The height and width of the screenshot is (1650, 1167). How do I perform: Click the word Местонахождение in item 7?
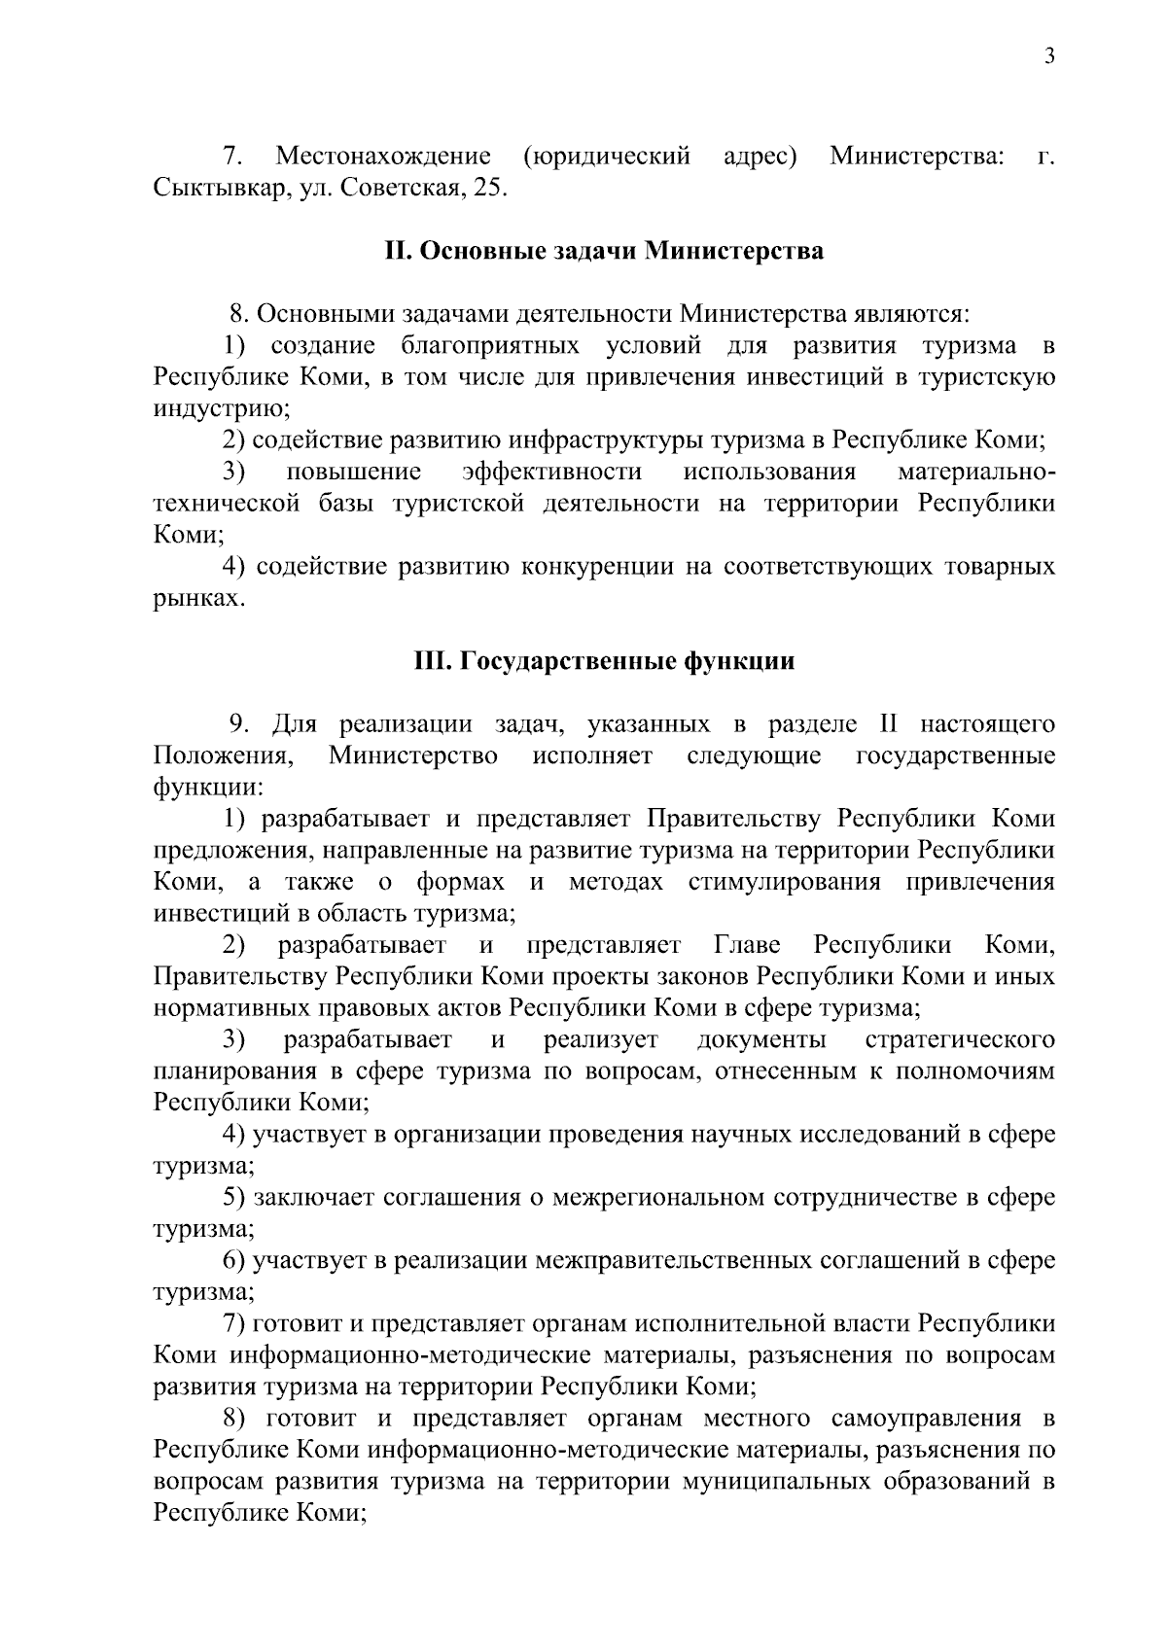pyautogui.click(x=382, y=156)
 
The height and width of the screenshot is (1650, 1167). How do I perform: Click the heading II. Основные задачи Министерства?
pyautogui.click(x=604, y=251)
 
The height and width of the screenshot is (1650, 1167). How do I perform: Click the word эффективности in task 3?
pyautogui.click(x=551, y=472)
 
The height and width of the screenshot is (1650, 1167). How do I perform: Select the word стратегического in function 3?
pyautogui.click(x=959, y=1040)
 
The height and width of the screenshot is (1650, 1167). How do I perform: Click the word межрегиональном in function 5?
pyautogui.click(x=657, y=1198)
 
